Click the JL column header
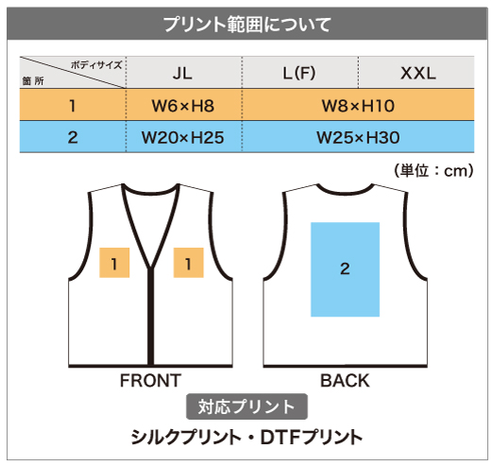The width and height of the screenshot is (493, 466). [x=182, y=74]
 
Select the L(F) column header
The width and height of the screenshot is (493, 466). [x=299, y=74]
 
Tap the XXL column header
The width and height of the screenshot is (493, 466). [x=418, y=74]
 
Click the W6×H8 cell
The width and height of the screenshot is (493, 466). [x=183, y=106]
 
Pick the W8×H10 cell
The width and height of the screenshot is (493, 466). [x=358, y=106]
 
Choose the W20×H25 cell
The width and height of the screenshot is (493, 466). [x=183, y=137]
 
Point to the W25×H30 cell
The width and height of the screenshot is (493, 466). [x=358, y=137]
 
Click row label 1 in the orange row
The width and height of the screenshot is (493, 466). [x=73, y=106]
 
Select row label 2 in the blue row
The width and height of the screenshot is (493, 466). [x=73, y=137]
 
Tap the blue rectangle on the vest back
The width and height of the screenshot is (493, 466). [x=345, y=269]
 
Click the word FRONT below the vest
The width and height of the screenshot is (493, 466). [x=150, y=381]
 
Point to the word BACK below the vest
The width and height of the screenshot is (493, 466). [x=345, y=381]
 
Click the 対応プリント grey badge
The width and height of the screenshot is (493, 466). [x=246, y=406]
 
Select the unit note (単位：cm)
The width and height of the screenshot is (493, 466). [x=433, y=171]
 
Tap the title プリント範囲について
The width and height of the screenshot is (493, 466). [x=247, y=25]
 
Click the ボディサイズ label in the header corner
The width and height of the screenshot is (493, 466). [x=96, y=65]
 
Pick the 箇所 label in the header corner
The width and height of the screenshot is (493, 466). [x=33, y=81]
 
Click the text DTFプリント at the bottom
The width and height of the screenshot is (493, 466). [x=312, y=438]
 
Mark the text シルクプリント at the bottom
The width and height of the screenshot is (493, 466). [x=185, y=438]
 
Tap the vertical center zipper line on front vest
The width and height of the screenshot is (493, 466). [x=151, y=317]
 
